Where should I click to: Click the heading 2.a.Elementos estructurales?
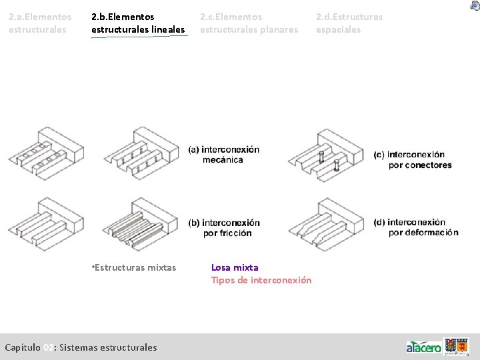tap(40, 23)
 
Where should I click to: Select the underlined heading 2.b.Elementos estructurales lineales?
tap(138, 23)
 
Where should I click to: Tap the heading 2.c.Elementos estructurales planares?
tap(249, 23)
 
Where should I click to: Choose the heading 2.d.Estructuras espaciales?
tap(349, 23)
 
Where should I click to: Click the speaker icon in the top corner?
tap(474, 5)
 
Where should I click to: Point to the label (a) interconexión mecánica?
tap(223, 154)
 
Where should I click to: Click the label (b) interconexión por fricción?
tap(223, 227)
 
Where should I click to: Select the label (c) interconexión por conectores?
tap(413, 160)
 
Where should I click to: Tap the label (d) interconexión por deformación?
tap(416, 227)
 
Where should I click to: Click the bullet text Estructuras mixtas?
tap(134, 267)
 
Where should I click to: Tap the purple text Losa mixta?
tap(235, 267)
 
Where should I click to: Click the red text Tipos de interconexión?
tap(261, 280)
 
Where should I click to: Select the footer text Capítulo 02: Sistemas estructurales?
tap(81, 347)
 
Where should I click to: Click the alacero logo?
tap(424, 347)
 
